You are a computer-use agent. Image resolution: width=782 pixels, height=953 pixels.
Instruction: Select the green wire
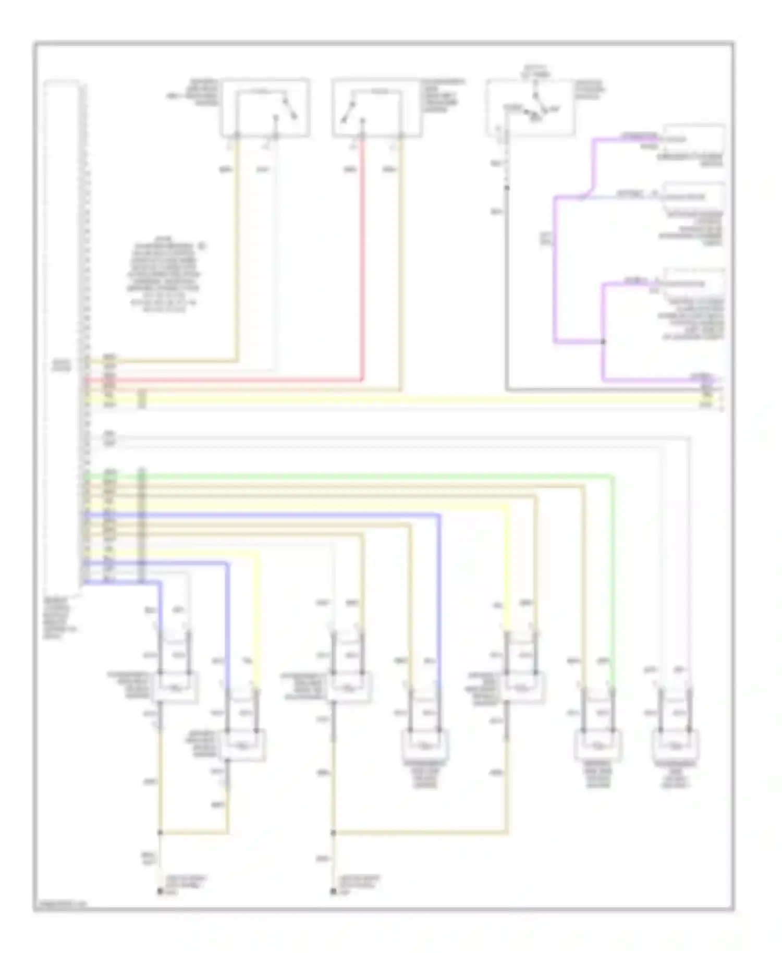[x=365, y=475]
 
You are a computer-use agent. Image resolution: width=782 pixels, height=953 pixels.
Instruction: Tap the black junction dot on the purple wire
[x=603, y=342]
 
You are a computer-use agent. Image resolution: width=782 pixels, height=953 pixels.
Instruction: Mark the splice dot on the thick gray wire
[x=506, y=188]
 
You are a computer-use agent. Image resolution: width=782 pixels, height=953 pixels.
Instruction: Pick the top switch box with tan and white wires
[x=265, y=108]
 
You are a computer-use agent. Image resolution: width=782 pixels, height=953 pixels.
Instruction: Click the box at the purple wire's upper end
[x=693, y=140]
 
